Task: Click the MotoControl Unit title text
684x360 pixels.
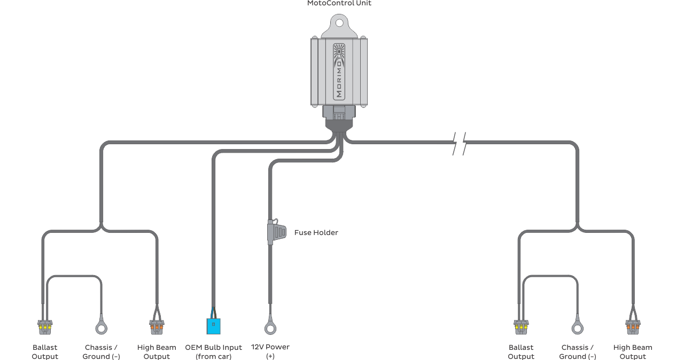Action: pos(339,3)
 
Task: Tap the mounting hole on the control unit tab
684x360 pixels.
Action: pos(339,22)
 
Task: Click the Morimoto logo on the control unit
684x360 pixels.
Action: pos(339,71)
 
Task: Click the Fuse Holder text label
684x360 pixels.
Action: pos(316,233)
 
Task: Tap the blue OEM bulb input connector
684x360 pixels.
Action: pos(214,325)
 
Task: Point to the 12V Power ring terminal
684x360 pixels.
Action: pos(270,327)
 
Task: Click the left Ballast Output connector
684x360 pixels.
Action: pos(45,325)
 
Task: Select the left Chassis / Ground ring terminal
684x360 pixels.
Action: pos(102,326)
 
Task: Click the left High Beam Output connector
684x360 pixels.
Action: pos(157,325)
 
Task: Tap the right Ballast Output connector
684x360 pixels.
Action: pos(521,325)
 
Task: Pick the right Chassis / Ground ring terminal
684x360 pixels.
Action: pos(578,326)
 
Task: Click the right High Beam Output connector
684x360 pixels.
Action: pos(633,325)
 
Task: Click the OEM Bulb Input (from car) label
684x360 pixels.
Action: pos(214,352)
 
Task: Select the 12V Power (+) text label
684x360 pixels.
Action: pos(270,351)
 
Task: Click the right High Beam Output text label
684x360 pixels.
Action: pos(633,352)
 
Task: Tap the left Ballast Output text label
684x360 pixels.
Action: pos(45,352)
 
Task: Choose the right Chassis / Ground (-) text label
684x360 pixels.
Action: pos(578,352)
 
